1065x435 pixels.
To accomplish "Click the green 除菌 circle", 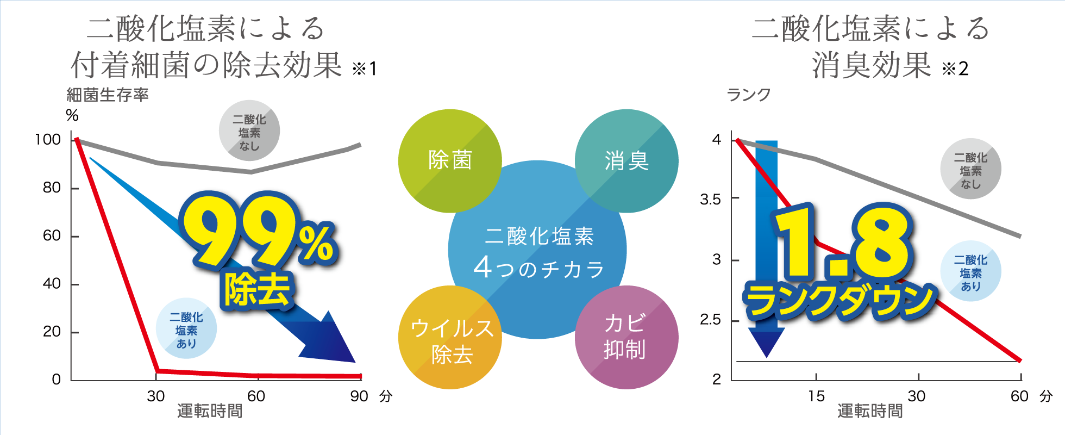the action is click(450, 161).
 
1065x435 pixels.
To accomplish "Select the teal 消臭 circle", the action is click(627, 161).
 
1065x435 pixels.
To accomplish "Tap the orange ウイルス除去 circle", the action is click(450, 337).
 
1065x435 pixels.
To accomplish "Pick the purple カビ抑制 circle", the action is click(627, 337).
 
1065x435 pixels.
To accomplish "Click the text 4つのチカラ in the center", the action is click(538, 268).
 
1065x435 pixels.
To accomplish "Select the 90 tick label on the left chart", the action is click(359, 396).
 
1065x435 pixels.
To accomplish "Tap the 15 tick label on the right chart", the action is click(816, 396).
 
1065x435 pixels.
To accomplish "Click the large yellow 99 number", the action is click(239, 231).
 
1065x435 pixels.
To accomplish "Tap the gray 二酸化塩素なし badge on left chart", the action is click(249, 130).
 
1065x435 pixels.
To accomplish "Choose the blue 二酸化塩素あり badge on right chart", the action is click(971, 271).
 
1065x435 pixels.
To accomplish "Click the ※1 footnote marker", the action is click(364, 69).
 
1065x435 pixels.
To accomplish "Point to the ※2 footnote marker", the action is click(955, 69).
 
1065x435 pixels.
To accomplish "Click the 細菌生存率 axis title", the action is click(108, 95).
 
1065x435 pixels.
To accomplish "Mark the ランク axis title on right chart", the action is click(749, 95).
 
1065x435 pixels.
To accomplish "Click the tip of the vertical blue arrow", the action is click(766, 357).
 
